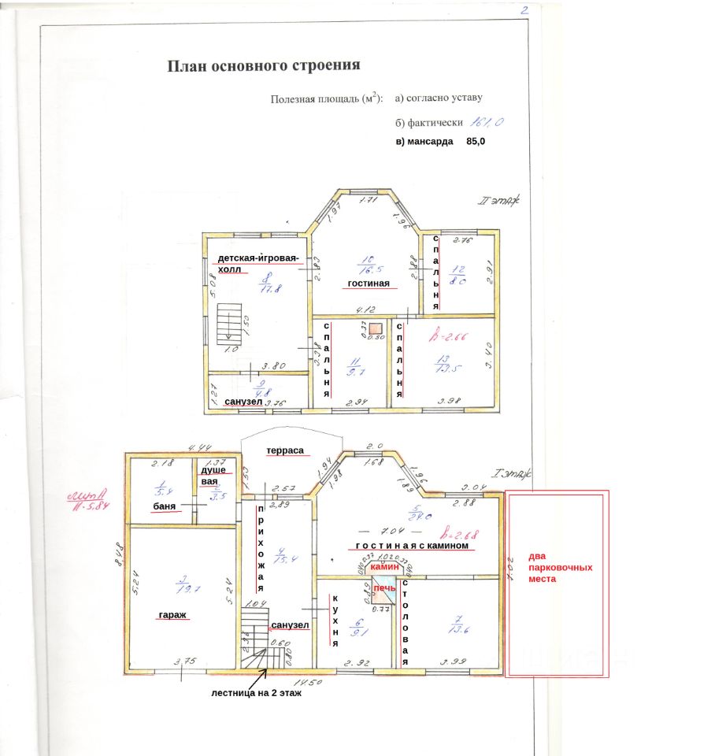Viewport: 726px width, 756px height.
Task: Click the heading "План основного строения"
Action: click(264, 65)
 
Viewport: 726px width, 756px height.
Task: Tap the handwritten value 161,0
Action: click(487, 122)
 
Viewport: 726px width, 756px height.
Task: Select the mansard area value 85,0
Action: click(476, 142)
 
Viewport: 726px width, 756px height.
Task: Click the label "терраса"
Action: click(285, 450)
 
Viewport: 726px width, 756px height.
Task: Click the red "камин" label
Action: click(385, 566)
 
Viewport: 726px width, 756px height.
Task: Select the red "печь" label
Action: click(384, 588)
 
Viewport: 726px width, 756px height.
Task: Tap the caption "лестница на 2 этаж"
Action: click(257, 694)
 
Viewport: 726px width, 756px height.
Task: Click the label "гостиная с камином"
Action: click(413, 545)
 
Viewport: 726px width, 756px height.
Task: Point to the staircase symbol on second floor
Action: click(228, 324)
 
